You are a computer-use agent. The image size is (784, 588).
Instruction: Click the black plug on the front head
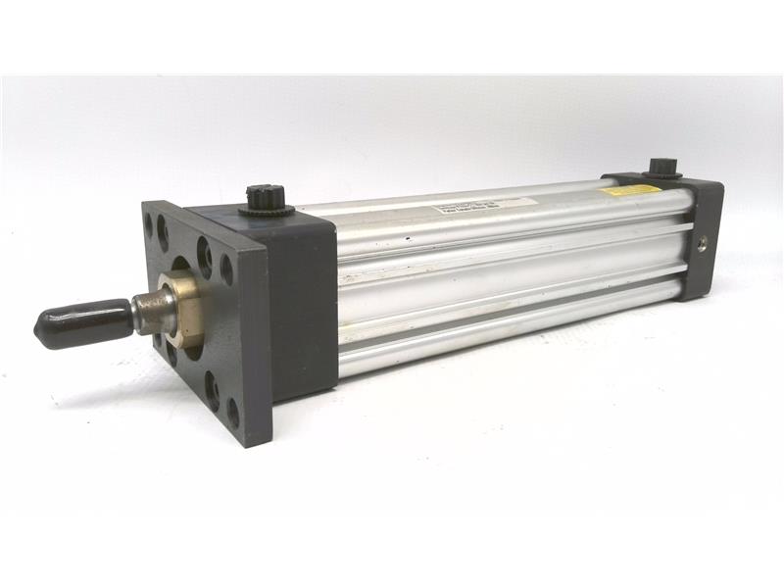click(265, 195)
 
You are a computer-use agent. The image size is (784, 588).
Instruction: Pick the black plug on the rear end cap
click(664, 168)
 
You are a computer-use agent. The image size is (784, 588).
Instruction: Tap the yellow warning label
click(630, 189)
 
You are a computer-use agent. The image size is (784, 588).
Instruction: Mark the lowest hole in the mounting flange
click(232, 413)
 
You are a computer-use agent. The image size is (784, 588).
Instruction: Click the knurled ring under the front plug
click(265, 206)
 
